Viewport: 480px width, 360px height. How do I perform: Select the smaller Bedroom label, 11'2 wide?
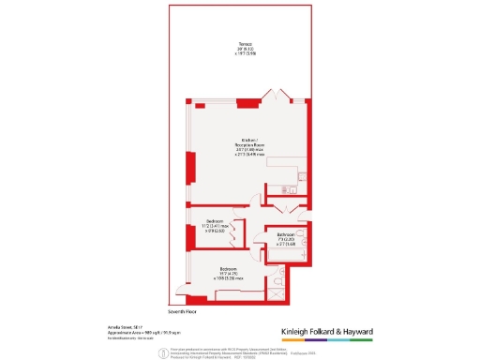point(215,221)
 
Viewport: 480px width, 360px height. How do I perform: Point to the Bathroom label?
point(285,234)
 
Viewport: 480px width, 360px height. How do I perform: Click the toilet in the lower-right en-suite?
point(282,281)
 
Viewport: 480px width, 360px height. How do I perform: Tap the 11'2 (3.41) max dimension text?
point(215,226)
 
